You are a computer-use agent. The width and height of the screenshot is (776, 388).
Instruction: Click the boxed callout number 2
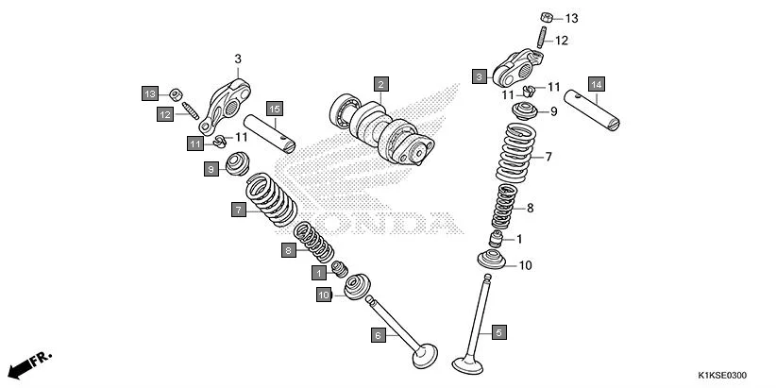coord(380,83)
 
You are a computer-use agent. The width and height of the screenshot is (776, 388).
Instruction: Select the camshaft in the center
coord(378,130)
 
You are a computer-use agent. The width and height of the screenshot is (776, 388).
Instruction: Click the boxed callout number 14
coord(596,83)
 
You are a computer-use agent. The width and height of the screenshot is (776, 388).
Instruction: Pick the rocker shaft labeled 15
coord(270,134)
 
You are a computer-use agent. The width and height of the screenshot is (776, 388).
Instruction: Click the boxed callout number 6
coord(378,334)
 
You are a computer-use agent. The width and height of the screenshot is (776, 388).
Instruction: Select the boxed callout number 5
coord(498,331)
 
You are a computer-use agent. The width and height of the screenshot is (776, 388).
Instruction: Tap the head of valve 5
coord(469,363)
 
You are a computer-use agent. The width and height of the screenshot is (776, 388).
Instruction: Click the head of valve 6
coord(424,359)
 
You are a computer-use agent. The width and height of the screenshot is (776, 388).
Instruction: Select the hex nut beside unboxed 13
coord(547,17)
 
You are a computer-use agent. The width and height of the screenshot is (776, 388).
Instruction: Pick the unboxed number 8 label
coord(531,208)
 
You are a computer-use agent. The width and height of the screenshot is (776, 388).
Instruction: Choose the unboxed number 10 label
coord(526,265)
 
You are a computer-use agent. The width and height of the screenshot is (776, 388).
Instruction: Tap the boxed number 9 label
coord(212,169)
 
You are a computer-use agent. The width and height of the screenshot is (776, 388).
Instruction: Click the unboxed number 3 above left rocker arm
coord(238,59)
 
